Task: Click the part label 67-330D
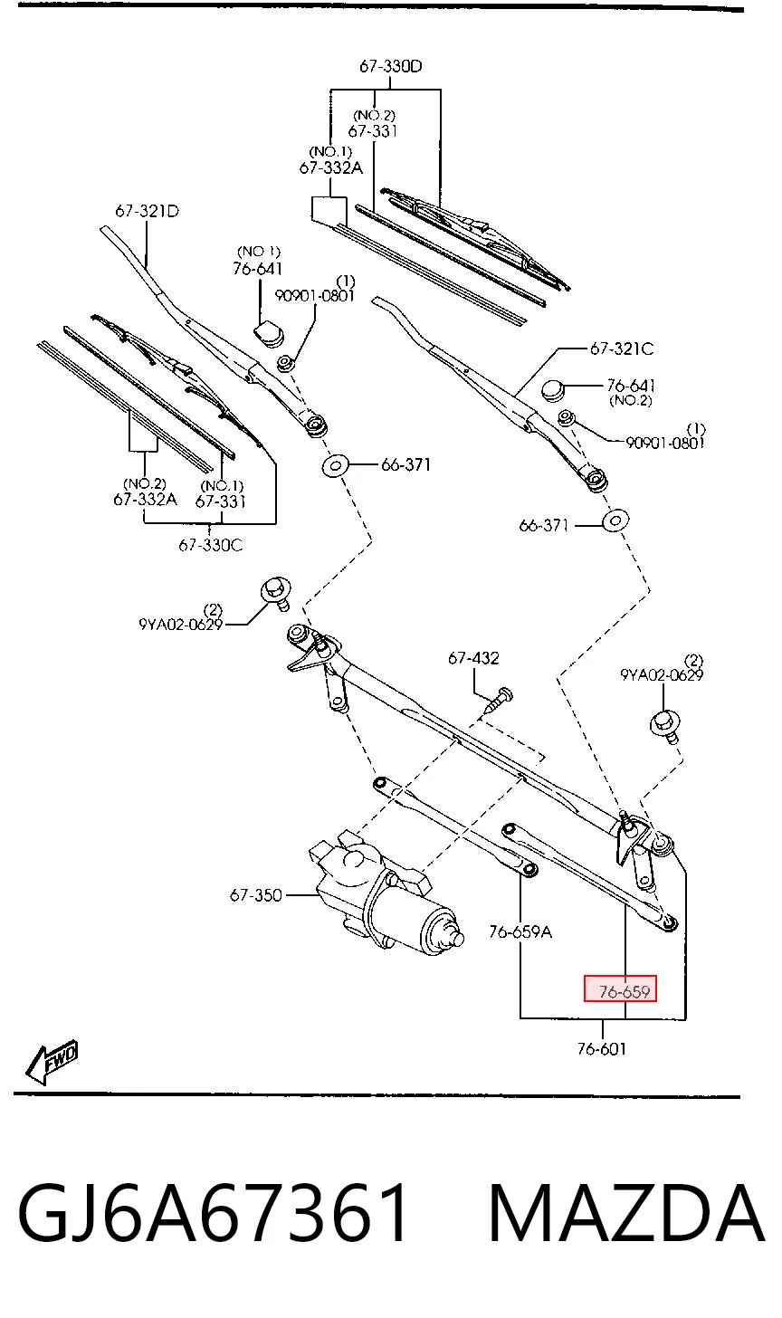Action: (391, 66)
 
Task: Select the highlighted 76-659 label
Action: (620, 991)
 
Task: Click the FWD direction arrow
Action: (52, 1062)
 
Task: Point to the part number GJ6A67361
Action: (213, 1213)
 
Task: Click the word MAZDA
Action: (625, 1213)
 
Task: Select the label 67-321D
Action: (148, 211)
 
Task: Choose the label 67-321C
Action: (622, 349)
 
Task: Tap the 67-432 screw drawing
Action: (497, 701)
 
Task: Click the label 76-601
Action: (601, 1048)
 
